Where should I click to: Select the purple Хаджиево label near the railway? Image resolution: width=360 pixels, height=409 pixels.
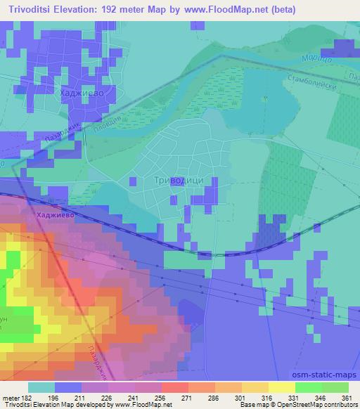coord(56,218)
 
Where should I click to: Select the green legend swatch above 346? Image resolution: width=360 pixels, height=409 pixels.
coord(308,387)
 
